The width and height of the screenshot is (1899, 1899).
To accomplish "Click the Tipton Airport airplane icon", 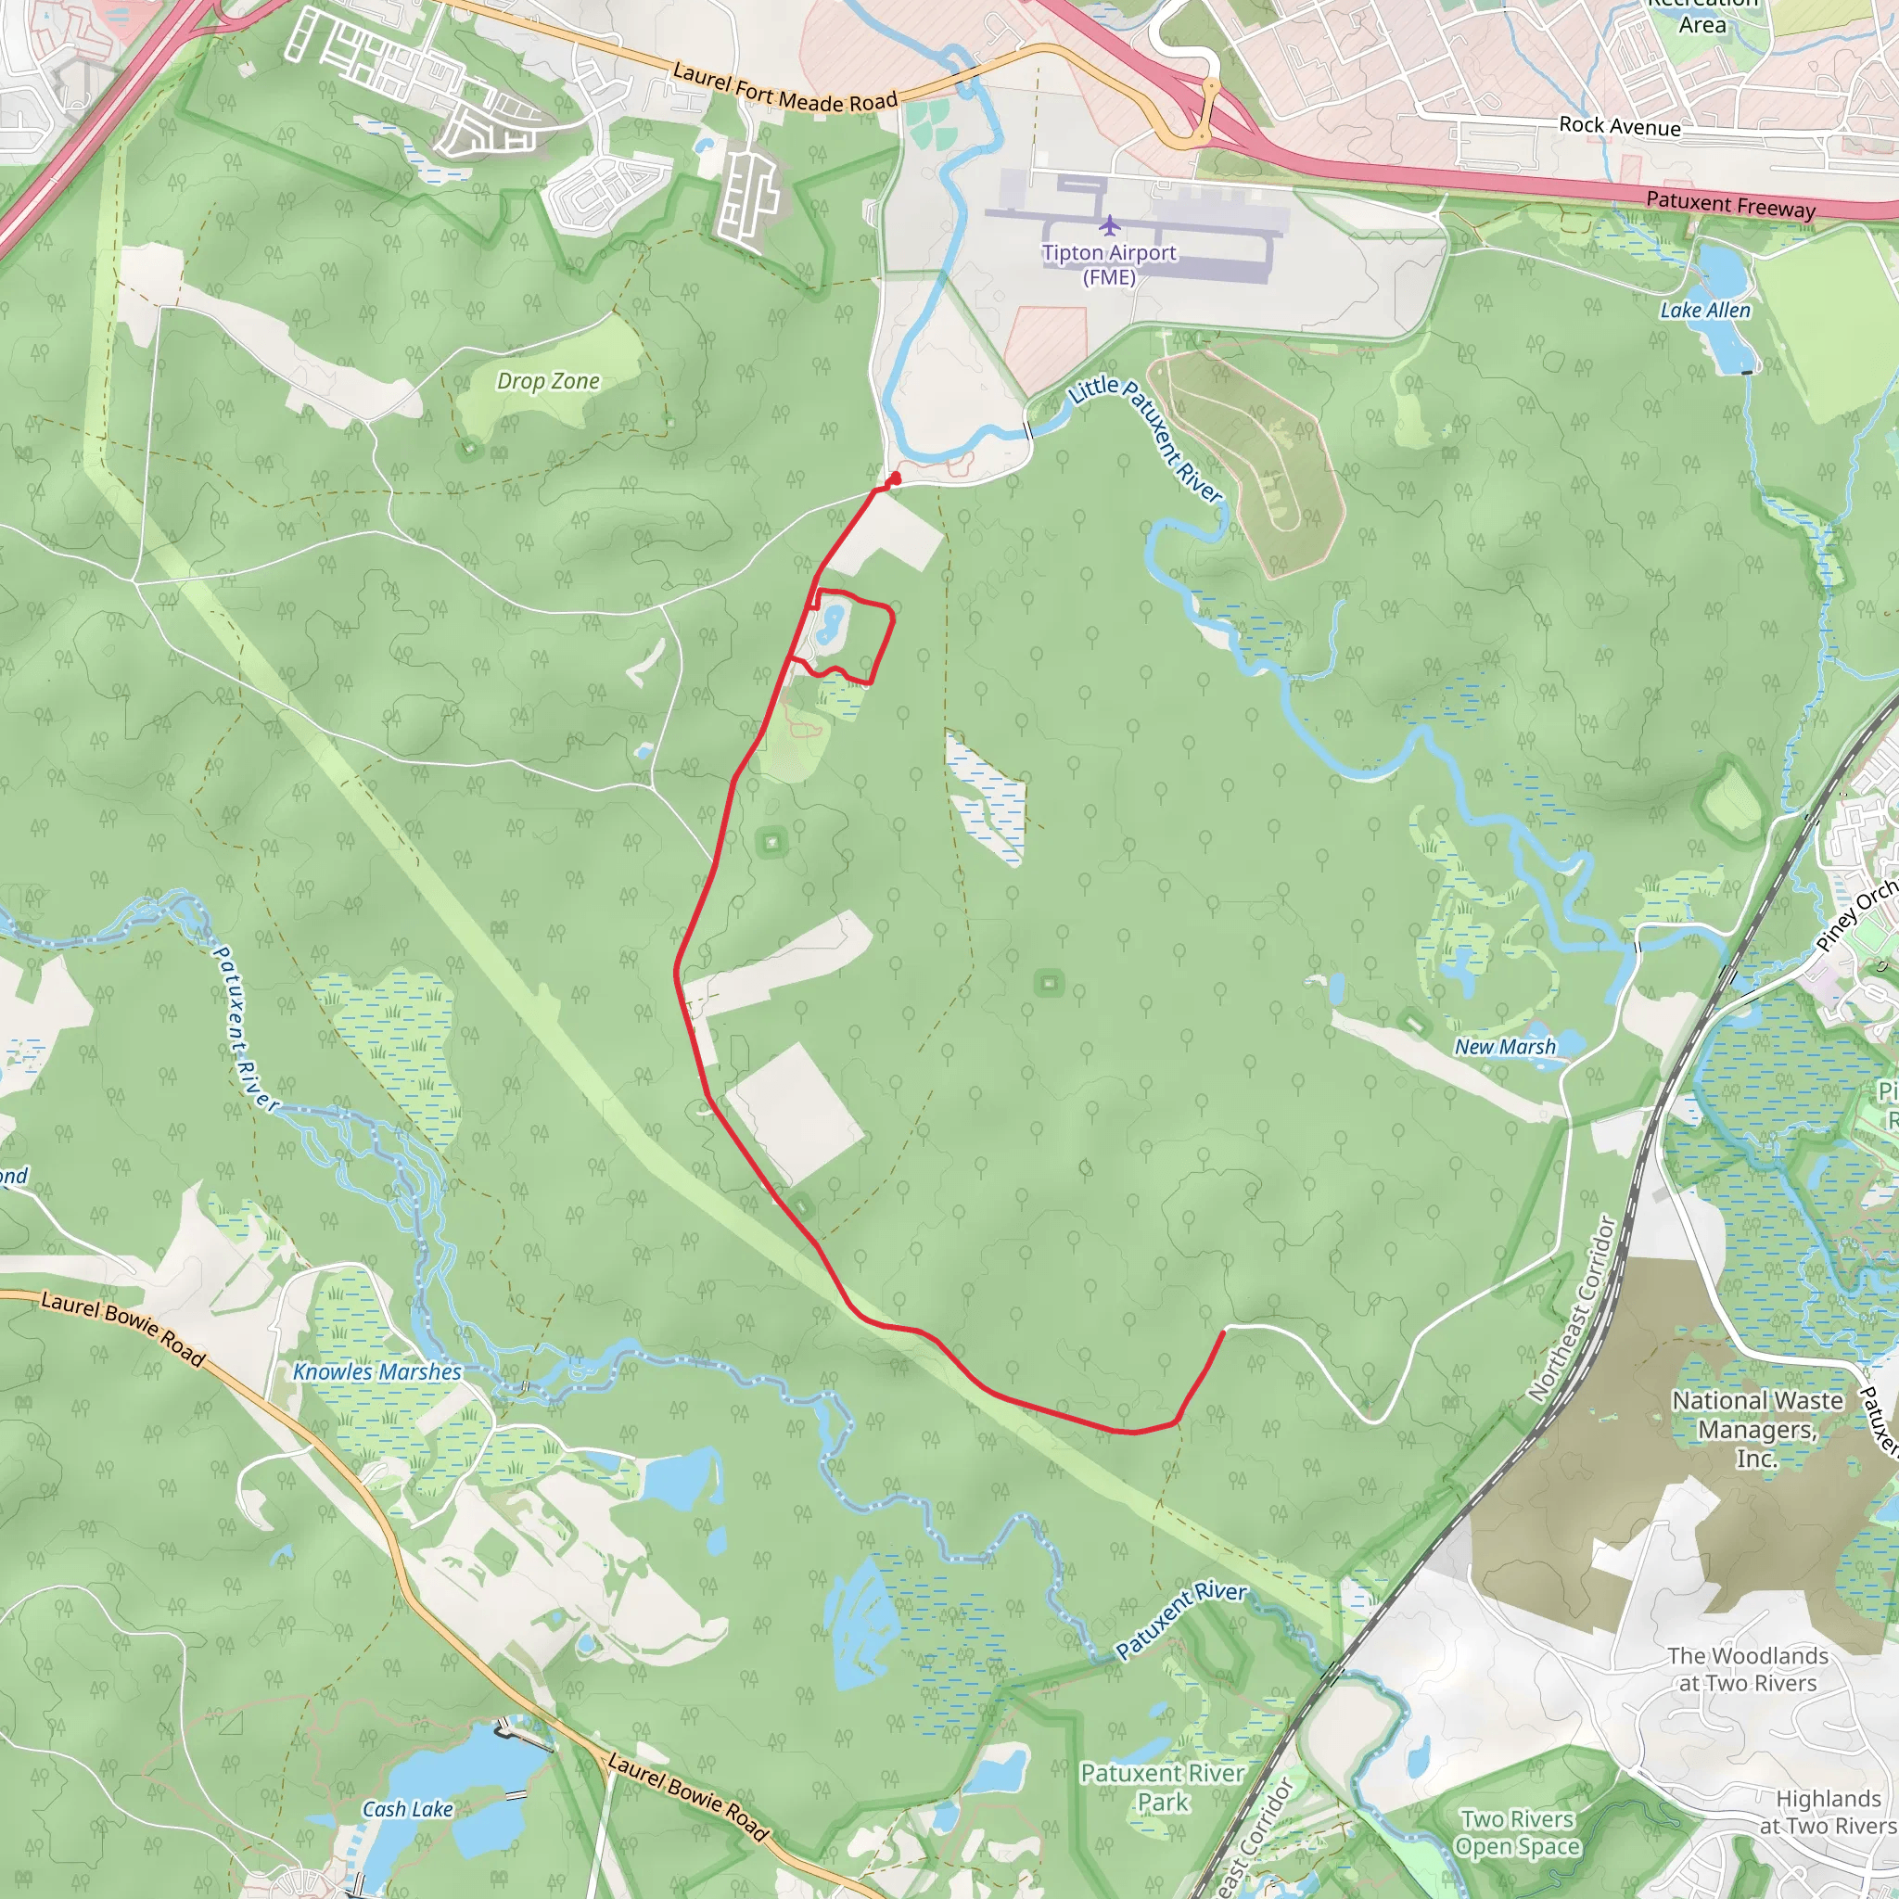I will pyautogui.click(x=1110, y=226).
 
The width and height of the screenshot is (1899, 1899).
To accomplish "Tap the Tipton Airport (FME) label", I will pyautogui.click(x=1109, y=265).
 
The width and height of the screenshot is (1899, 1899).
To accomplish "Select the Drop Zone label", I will pyautogui.click(x=547, y=381).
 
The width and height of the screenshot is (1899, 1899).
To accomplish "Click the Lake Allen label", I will pyautogui.click(x=1705, y=311).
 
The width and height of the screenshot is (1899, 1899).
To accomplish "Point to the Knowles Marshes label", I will pyautogui.click(x=377, y=1372).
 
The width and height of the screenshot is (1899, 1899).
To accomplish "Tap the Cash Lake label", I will pyautogui.click(x=408, y=1810).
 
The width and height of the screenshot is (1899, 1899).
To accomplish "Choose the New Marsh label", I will pyautogui.click(x=1505, y=1048).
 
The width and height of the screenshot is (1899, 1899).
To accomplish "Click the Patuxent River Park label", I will pyautogui.click(x=1163, y=1788).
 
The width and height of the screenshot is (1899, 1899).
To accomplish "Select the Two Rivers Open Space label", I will pyautogui.click(x=1518, y=1833).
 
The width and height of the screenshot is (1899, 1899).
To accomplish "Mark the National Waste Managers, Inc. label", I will pyautogui.click(x=1757, y=1429).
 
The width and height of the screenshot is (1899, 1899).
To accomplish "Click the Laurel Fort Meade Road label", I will pyautogui.click(x=784, y=87).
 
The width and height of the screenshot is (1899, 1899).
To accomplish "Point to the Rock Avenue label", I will pyautogui.click(x=1620, y=126).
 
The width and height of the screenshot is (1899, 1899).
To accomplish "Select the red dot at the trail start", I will pyautogui.click(x=895, y=478).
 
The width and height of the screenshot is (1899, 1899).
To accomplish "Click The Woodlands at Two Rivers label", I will pyautogui.click(x=1748, y=1670).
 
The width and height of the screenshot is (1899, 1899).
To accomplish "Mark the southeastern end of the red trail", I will pyautogui.click(x=1223, y=1332).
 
